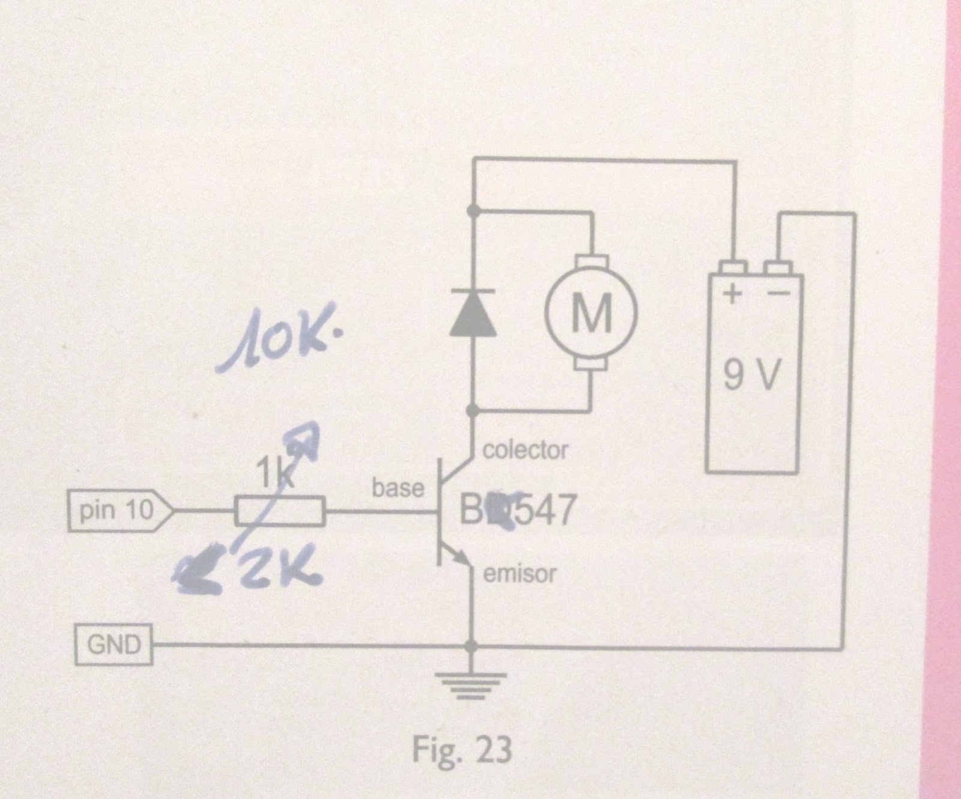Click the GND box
(x=114, y=645)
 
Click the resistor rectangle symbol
(x=280, y=511)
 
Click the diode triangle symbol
(x=473, y=313)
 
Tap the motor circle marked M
(x=591, y=312)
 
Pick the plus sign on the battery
(x=732, y=294)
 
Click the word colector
(x=525, y=450)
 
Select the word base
(x=398, y=488)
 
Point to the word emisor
(x=520, y=574)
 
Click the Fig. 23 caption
(x=461, y=749)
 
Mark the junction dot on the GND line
(x=473, y=646)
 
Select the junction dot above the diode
(x=473, y=210)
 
